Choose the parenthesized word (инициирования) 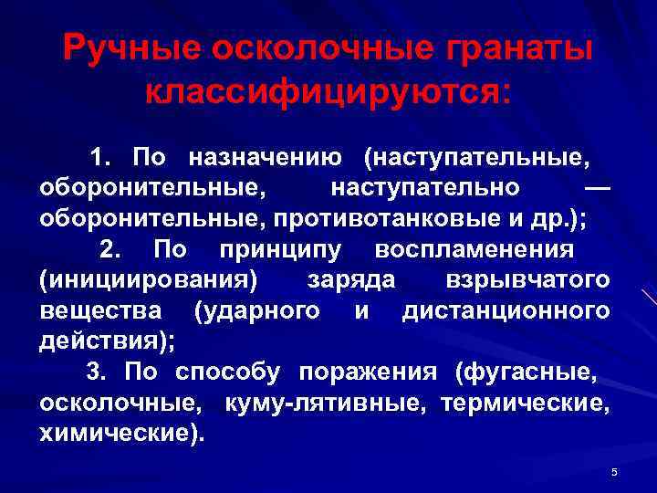pos(149,280)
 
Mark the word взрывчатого pos(528,280)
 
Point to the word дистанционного pos(506,310)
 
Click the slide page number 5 pos(614,471)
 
